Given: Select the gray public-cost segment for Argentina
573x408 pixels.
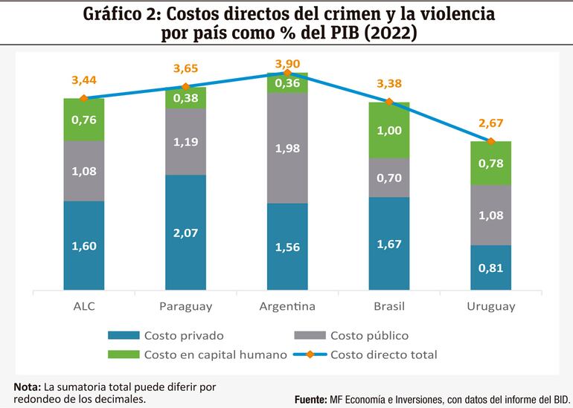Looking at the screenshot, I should (287, 149).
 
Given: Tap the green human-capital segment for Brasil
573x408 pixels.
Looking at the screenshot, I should (389, 131).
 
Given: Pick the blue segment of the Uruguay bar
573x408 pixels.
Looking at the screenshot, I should (490, 268).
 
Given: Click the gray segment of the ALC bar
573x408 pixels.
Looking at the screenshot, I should (83, 171).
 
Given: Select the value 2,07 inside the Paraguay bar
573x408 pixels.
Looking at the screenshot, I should (185, 234).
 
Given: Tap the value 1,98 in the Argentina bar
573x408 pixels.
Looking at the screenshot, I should (287, 149).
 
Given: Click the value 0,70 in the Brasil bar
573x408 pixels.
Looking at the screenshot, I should (389, 178).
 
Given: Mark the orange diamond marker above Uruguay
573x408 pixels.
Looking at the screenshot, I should (491, 141).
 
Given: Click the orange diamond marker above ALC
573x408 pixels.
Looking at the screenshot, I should (83, 98).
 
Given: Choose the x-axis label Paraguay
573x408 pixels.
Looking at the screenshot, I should (185, 306).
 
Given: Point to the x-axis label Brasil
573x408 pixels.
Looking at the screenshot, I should (389, 306).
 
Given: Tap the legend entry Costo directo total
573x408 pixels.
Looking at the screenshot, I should (383, 354).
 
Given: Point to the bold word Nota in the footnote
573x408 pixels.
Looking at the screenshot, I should (27, 386).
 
